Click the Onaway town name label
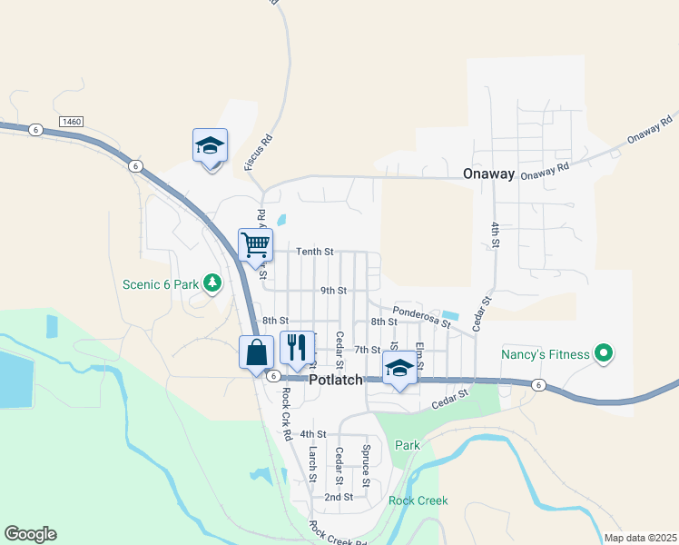[x=488, y=173]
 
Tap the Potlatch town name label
[x=336, y=380]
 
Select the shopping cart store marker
[x=255, y=244]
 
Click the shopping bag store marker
[x=256, y=352]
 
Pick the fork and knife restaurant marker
[x=297, y=347]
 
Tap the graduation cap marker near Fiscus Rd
[x=210, y=145]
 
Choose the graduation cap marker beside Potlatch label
[x=399, y=369]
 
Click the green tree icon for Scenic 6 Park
[x=212, y=284]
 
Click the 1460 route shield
[x=70, y=121]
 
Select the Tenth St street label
[x=316, y=251]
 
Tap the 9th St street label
[x=333, y=291]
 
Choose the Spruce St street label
[x=366, y=463]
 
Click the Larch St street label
[x=311, y=463]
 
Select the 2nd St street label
[x=338, y=497]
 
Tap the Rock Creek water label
[x=418, y=500]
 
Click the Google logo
[x=30, y=534]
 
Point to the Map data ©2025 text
[x=639, y=538]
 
